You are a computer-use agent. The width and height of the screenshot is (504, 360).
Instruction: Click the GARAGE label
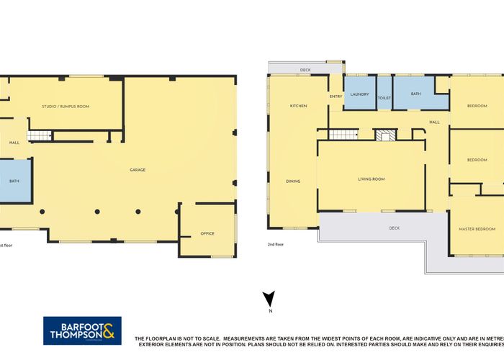138,170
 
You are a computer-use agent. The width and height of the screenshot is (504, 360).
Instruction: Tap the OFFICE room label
207,233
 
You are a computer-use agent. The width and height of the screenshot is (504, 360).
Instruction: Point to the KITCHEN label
298,106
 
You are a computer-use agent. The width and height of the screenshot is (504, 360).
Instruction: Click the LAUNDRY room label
359,94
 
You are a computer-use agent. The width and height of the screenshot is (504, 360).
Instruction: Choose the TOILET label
384,98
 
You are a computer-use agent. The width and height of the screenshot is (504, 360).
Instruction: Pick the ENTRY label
336,96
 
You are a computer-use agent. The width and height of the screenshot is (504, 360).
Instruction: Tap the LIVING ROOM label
372,179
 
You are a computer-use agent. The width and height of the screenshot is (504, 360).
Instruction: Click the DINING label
293,181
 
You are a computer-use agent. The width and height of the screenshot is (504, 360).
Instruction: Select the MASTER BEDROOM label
477,229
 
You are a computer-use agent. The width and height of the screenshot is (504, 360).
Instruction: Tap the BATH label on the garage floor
14,181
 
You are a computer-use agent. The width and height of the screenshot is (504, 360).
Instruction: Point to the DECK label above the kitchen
305,71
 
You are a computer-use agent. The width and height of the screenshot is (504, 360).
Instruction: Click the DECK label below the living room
394,228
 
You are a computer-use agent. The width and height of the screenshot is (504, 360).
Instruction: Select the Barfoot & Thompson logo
82,330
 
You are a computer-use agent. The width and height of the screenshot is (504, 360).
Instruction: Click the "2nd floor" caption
276,245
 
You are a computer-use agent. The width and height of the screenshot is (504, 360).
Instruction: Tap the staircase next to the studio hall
40,135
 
